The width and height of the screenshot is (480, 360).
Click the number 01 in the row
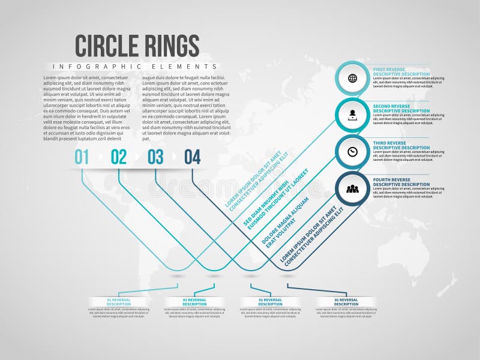[x=82, y=157]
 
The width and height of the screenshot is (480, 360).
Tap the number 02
[x=119, y=157]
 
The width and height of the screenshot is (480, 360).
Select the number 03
[x=155, y=157]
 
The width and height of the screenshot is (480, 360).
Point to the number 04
[x=192, y=157]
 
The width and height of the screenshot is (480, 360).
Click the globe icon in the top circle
[x=352, y=78]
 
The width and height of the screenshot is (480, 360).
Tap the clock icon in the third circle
[x=352, y=152]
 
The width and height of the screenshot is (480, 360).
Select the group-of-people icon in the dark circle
[x=352, y=189]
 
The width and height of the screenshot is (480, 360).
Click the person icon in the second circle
[x=352, y=115]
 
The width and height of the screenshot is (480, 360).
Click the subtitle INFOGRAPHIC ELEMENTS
[x=134, y=66]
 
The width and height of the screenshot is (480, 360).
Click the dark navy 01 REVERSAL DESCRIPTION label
[x=346, y=302]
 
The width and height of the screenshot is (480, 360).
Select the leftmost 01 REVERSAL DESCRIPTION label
[x=119, y=302]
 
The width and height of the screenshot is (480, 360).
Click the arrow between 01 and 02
[x=100, y=158]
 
